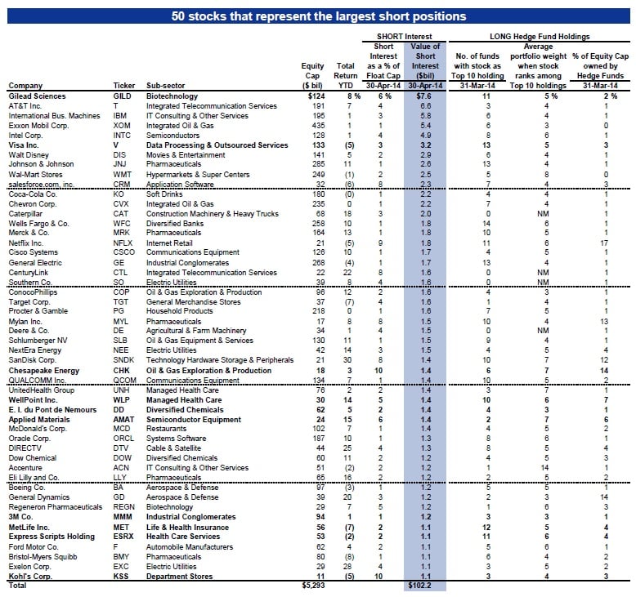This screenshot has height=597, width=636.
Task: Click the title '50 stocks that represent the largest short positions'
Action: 319,16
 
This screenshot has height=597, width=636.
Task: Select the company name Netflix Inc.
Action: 28,243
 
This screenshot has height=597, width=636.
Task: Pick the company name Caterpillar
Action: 26,213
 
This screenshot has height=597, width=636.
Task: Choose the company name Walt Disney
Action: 28,154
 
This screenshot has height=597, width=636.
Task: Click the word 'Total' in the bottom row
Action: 16,586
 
